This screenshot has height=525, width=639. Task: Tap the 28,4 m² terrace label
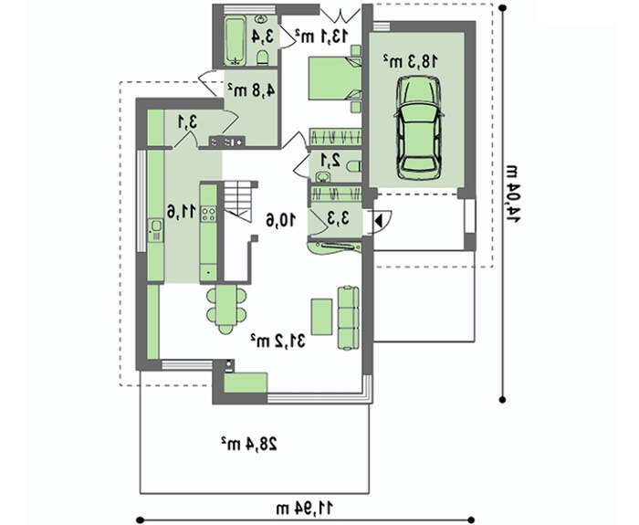(x=249, y=445)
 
